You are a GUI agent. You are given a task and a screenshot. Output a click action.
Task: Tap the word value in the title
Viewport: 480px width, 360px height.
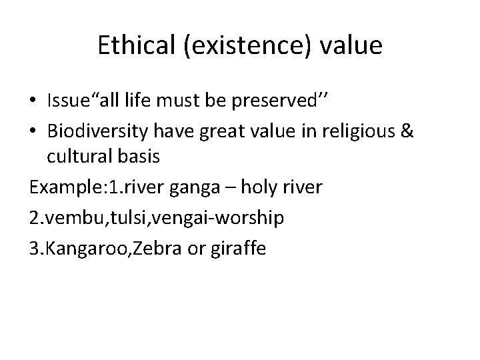click(354, 46)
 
